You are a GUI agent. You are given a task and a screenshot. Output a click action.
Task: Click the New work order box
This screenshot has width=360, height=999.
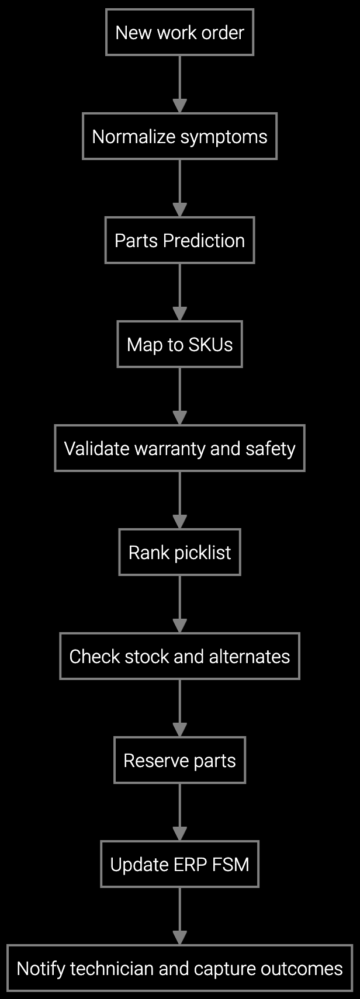pyautogui.click(x=179, y=32)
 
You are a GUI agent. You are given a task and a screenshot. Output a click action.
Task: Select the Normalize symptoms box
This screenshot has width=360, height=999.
pyautogui.click(x=179, y=136)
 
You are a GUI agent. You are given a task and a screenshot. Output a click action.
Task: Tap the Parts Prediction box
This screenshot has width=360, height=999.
pyautogui.click(x=179, y=240)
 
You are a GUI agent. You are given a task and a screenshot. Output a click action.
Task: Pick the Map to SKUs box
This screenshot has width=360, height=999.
pyautogui.click(x=179, y=344)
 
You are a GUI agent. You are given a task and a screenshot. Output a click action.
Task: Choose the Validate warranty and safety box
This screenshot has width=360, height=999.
pyautogui.click(x=179, y=448)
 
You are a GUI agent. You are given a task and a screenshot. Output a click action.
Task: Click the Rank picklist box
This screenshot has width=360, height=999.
pyautogui.click(x=179, y=552)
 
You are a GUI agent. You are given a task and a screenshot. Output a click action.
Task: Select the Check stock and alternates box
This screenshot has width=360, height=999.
pyautogui.click(x=179, y=656)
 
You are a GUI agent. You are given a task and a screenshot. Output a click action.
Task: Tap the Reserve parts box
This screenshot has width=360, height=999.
pyautogui.click(x=179, y=760)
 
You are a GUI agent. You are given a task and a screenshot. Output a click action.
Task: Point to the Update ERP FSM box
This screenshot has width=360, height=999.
pyautogui.click(x=179, y=864)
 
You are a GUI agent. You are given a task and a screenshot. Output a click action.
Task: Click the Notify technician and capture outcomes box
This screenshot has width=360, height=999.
pyautogui.click(x=179, y=968)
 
